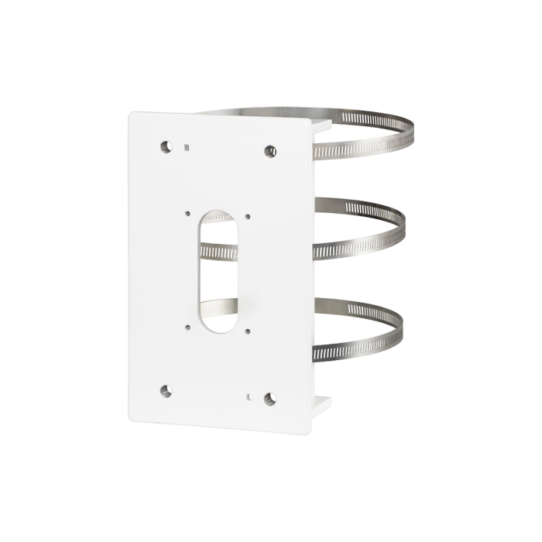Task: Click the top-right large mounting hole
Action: [270, 150]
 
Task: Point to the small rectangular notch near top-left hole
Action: [187, 145]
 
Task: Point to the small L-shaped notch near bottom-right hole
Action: [249, 396]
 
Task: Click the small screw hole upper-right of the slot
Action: [248, 218]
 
